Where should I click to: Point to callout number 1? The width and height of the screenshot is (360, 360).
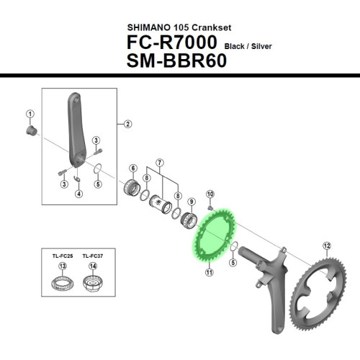[x=30, y=114]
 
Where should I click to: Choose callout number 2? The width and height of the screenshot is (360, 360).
[x=127, y=124]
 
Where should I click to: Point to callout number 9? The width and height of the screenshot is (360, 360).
[x=192, y=202]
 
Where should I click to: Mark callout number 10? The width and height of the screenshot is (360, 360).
[x=210, y=194]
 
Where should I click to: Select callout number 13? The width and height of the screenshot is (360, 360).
[x=62, y=266]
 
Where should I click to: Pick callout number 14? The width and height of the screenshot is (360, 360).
[x=92, y=266]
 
